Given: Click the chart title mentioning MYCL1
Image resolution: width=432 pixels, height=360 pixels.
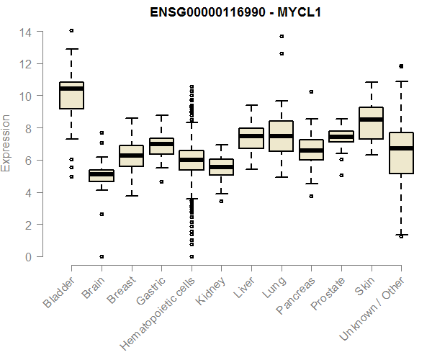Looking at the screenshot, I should pyautogui.click(x=235, y=12).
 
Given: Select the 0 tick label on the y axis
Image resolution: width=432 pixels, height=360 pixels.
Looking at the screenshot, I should pyautogui.click(x=27, y=256).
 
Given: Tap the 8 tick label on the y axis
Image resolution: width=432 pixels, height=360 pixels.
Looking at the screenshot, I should pyautogui.click(x=27, y=128).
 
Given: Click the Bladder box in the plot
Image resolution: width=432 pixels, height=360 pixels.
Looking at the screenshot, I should pyautogui.click(x=71, y=96).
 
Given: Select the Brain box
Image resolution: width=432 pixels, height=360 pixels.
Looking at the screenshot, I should pyautogui.click(x=102, y=175).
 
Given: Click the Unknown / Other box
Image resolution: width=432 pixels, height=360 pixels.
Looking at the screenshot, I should pyautogui.click(x=401, y=153).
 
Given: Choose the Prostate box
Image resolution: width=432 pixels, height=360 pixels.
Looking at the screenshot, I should pyautogui.click(x=341, y=136).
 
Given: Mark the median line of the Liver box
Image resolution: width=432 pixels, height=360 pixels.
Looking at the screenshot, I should pyautogui.click(x=251, y=136).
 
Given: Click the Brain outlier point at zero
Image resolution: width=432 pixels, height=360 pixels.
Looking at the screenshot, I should pyautogui.click(x=102, y=256).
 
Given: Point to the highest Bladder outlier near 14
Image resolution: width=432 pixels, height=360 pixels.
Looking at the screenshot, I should pyautogui.click(x=71, y=30).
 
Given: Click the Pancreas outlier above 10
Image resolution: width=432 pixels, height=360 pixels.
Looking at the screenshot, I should pyautogui.click(x=311, y=92).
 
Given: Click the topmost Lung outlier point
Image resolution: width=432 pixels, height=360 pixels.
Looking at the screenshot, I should pyautogui.click(x=281, y=36).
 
